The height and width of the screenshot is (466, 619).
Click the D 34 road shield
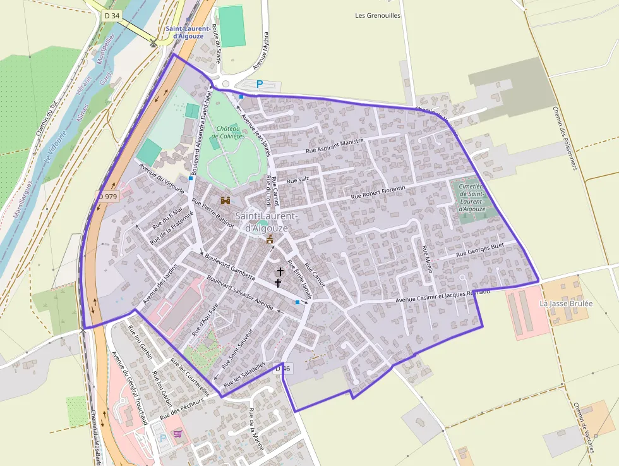pyautogui.click(x=112, y=15)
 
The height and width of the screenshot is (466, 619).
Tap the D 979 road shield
pyautogui.click(x=107, y=197)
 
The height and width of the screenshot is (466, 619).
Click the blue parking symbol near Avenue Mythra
pyautogui.click(x=259, y=83)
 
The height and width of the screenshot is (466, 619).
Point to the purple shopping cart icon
pyautogui.click(x=178, y=434)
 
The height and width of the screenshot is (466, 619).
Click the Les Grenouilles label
pyautogui.click(x=378, y=16)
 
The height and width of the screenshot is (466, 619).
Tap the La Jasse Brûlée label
pyautogui.click(x=566, y=304)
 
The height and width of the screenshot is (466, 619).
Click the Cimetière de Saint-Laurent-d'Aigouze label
pyautogui.click(x=472, y=197)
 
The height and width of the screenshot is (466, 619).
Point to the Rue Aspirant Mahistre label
pyautogui.click(x=335, y=147)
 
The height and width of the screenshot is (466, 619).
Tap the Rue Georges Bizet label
pyautogui.click(x=482, y=249)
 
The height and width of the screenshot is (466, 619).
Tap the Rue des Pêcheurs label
pyautogui.click(x=182, y=409)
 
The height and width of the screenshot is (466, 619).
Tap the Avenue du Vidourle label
pyautogui.click(x=162, y=178)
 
